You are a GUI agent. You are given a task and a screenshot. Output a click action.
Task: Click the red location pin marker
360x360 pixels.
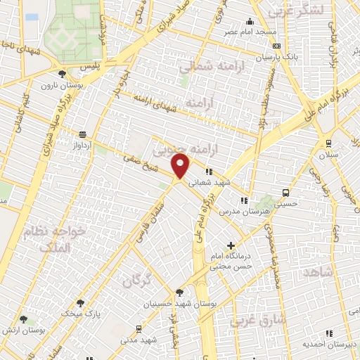181,165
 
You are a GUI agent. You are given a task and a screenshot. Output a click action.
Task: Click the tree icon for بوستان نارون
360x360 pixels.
63,73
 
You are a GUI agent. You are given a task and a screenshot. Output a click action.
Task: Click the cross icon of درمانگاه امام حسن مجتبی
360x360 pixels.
231,245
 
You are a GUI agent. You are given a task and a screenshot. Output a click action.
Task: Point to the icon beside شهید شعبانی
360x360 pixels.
208,171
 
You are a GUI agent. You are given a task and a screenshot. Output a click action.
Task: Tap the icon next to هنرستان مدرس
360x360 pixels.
244,200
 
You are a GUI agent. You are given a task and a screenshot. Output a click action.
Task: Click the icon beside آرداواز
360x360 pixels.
83,134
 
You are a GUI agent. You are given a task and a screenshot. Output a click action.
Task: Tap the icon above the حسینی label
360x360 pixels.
285,193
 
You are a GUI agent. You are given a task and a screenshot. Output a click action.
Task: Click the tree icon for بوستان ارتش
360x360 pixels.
23,320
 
